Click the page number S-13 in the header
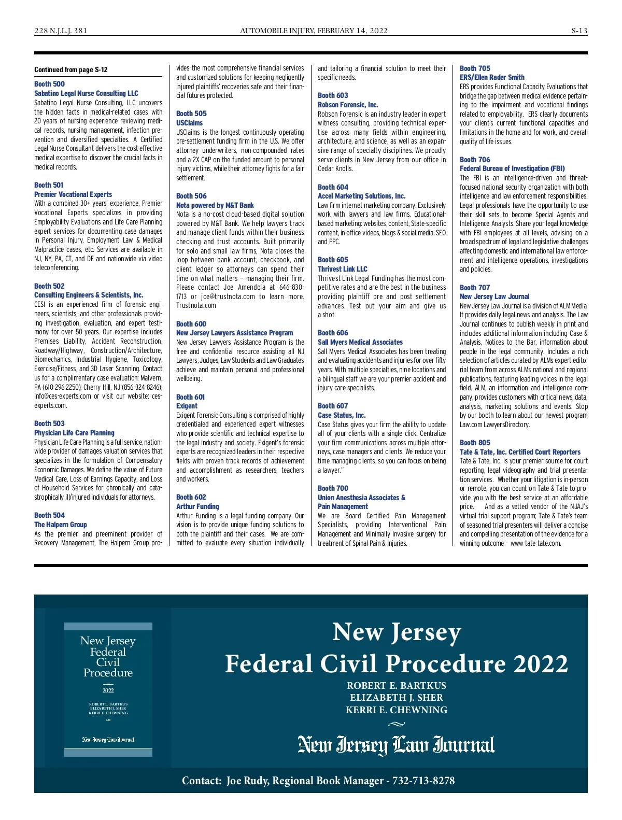[579, 31]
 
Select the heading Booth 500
[50, 84]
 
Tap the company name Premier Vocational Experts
[73, 194]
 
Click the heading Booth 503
[50, 423]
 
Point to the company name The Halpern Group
[61, 525]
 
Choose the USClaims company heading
[190, 123]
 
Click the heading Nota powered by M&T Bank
[215, 205]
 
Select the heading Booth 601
[191, 397]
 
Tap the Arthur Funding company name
[197, 506]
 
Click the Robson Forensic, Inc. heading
[348, 105]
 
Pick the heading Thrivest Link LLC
[343, 269]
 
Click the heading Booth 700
[333, 488]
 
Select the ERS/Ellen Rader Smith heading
[492, 77]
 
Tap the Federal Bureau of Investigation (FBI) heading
[512, 168]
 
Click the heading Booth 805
[475, 443]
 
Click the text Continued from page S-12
[71, 70]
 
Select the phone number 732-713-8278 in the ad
[423, 781]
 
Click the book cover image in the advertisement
[108, 689]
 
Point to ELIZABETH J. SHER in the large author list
[397, 698]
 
